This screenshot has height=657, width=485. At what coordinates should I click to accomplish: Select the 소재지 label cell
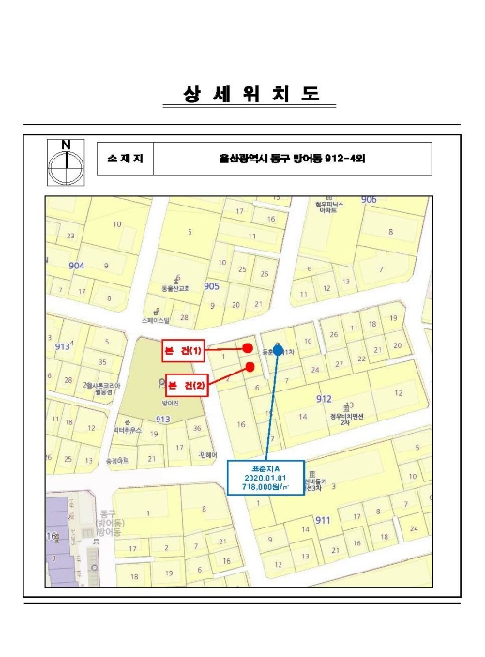tap(124, 160)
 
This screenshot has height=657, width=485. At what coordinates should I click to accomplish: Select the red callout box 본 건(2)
tap(187, 383)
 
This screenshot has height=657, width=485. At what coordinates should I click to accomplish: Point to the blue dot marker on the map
tap(278, 350)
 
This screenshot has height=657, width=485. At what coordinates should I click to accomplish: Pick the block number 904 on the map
tap(76, 266)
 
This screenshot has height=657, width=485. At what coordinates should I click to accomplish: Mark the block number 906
tap(369, 200)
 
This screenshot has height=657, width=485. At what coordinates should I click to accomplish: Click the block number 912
tap(324, 399)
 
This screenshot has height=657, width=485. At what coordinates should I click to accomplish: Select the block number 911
tap(323, 519)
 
